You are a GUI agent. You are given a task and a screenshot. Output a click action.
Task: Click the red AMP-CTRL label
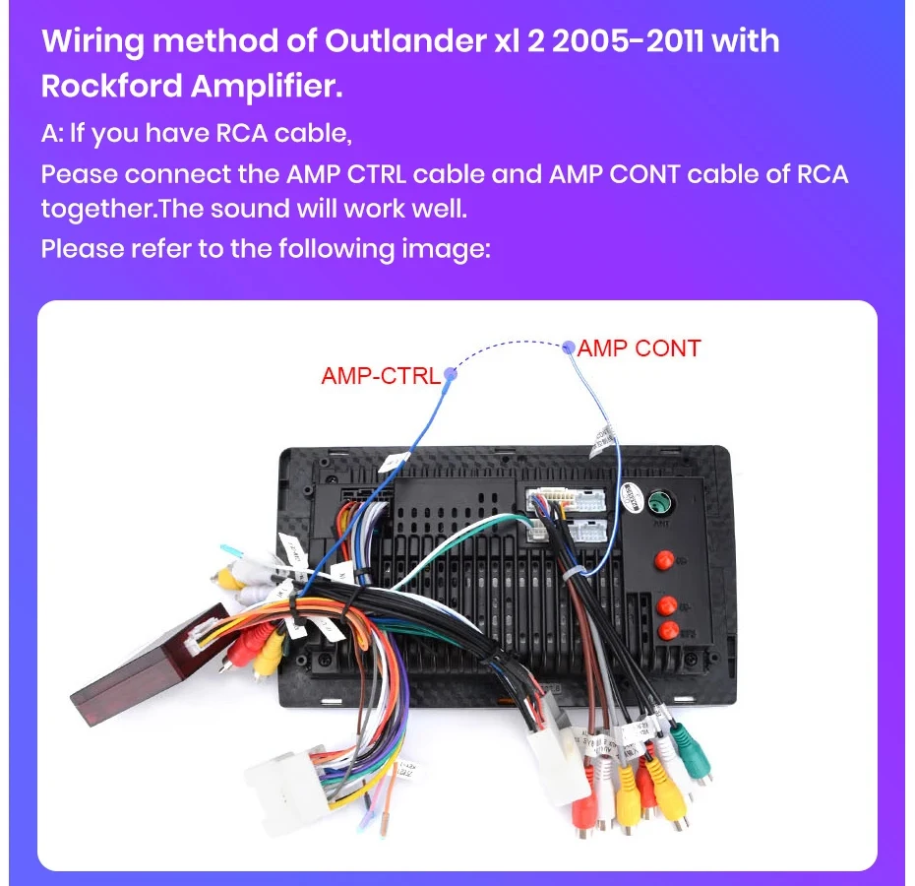pyautogui.click(x=380, y=376)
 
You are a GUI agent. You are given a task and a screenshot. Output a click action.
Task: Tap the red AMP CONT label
pyautogui.click(x=639, y=348)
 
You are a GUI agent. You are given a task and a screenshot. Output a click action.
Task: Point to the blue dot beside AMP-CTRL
pyautogui.click(x=450, y=374)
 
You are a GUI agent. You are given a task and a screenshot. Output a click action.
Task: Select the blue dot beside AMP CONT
pyautogui.click(x=568, y=347)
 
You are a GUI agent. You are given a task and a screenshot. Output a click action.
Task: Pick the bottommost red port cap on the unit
pyautogui.click(x=668, y=629)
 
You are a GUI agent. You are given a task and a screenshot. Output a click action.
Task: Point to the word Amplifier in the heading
pyautogui.click(x=267, y=86)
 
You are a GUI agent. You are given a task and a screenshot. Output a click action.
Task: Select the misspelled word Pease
pyautogui.click(x=79, y=174)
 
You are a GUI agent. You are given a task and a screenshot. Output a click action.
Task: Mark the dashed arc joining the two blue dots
pyautogui.click(x=507, y=346)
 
